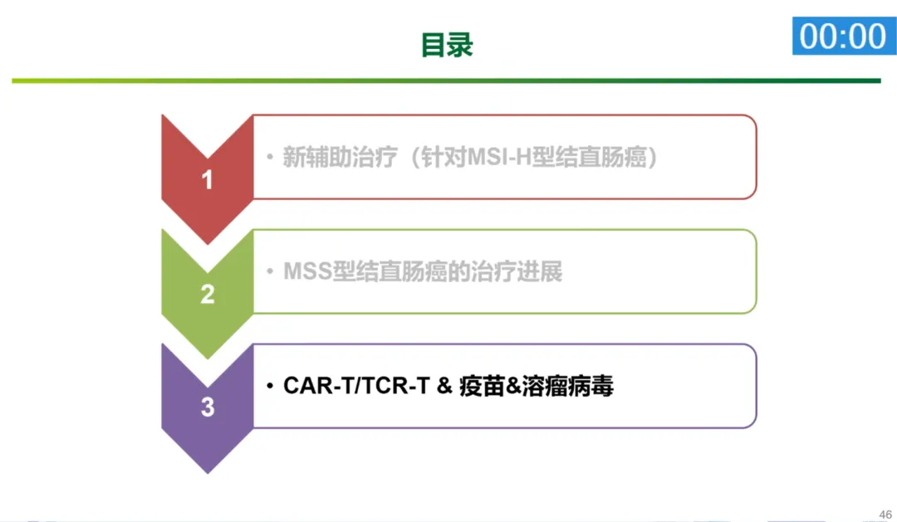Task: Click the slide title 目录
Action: click(x=446, y=45)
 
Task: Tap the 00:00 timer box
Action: click(x=843, y=37)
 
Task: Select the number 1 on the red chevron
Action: click(x=208, y=180)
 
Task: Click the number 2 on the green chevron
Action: click(x=208, y=295)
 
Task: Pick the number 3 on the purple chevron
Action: click(x=208, y=407)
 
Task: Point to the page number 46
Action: click(x=885, y=513)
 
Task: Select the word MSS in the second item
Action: click(x=307, y=272)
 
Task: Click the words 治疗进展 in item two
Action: click(x=520, y=272)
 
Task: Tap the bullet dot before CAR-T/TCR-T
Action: click(x=270, y=387)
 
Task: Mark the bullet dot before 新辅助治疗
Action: click(x=270, y=158)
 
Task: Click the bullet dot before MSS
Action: click(x=270, y=272)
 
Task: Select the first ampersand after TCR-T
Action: click(x=444, y=386)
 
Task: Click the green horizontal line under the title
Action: click(x=446, y=81)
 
